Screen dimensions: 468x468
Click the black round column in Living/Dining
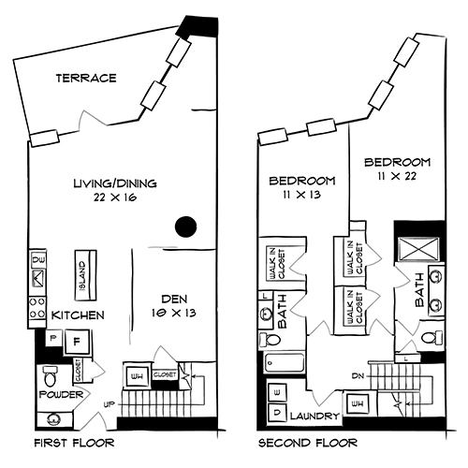[186, 226]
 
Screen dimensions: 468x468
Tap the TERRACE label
[85, 78]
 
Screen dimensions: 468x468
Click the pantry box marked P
[52, 338]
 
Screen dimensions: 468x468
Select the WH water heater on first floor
[136, 377]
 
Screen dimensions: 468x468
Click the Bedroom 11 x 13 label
[301, 187]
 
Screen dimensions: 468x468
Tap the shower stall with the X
[414, 250]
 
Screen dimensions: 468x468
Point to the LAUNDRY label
[315, 414]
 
